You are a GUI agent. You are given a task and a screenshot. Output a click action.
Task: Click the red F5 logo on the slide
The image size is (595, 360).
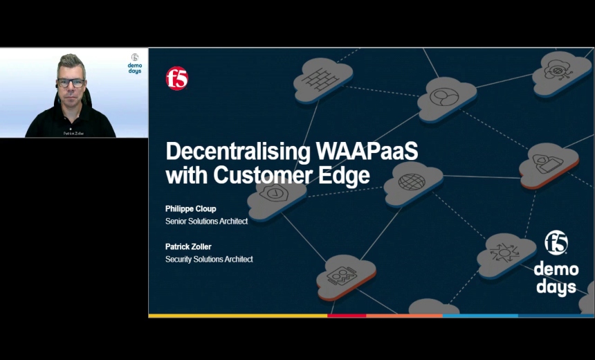click(176, 78)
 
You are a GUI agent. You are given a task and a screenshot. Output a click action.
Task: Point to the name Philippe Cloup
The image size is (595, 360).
click(190, 208)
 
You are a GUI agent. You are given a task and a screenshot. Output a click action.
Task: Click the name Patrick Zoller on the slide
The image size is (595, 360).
click(189, 246)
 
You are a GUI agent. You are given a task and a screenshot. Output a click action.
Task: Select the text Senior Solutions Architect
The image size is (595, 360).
click(206, 222)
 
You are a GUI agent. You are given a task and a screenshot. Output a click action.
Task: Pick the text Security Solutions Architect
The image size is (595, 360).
click(209, 260)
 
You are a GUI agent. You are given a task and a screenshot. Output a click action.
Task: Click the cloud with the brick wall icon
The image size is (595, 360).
click(322, 78)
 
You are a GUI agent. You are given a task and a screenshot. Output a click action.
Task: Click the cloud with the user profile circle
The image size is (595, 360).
click(443, 96)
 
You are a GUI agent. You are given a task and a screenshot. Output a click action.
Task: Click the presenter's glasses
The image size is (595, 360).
click(71, 82)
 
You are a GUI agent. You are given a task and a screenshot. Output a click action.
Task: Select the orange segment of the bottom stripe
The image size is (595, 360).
click(404, 316)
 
